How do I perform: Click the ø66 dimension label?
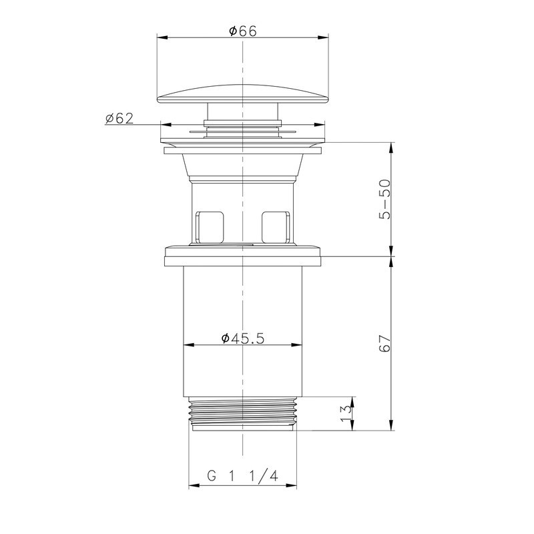243,31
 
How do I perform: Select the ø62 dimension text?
119,118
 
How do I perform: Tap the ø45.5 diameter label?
242,338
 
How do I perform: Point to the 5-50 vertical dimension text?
385,199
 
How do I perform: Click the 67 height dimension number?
385,343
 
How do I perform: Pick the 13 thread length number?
346,413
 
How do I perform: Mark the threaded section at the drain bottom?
242,413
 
